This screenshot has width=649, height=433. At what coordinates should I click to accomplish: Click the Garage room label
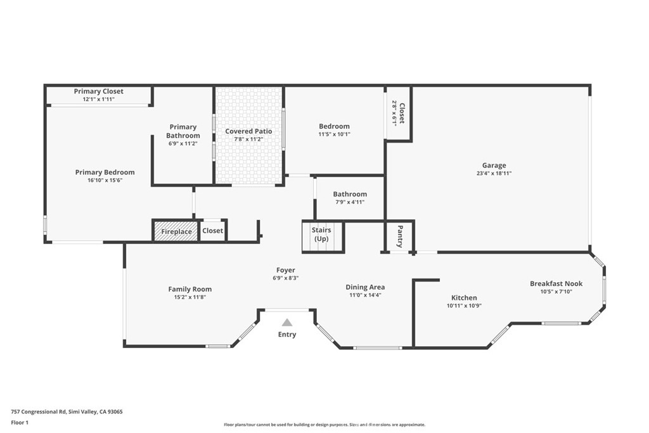494,165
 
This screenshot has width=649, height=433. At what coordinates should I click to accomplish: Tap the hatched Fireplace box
176,231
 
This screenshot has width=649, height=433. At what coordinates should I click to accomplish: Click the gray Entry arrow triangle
287,323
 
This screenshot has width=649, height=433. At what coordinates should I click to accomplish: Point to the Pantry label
401,236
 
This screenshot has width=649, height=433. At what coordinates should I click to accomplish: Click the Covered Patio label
248,131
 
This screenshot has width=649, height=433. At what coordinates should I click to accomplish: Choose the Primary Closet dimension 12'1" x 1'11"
98,100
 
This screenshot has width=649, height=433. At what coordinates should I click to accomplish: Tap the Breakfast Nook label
556,283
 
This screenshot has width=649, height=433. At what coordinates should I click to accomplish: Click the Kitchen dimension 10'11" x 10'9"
464,306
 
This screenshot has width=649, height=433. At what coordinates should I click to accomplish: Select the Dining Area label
365,287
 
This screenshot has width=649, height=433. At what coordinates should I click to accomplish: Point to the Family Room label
190,289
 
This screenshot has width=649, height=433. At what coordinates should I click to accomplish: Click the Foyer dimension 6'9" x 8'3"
286,278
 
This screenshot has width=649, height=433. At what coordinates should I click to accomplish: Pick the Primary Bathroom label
183,131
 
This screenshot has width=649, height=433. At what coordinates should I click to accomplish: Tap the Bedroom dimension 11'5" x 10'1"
335,134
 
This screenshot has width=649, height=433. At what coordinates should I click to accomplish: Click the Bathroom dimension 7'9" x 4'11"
350,202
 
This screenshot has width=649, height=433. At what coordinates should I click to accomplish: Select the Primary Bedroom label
105,172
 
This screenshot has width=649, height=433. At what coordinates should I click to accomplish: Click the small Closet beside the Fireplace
213,231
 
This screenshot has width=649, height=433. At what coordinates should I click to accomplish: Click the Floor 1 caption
20,423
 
